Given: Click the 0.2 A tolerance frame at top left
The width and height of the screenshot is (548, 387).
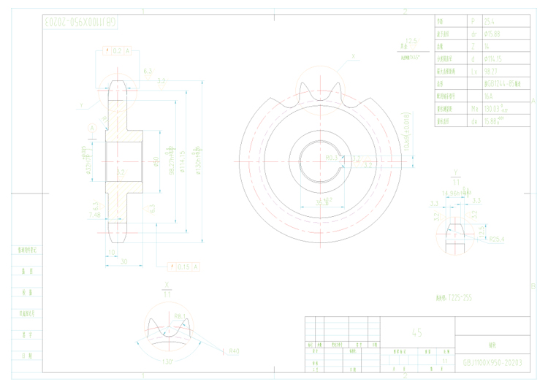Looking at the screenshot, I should point(118,50).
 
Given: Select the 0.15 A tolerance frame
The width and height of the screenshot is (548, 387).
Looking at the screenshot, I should point(183,267).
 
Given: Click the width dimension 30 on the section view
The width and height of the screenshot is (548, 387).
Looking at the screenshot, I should point(124,261).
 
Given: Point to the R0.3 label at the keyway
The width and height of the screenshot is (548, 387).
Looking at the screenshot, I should point(331,157).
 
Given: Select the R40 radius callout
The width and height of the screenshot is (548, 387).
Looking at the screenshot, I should point(234,351).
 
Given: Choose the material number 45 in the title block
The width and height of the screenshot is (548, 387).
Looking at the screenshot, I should point(416,332).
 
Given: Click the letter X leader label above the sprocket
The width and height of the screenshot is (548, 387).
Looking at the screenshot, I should point(352,55).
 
